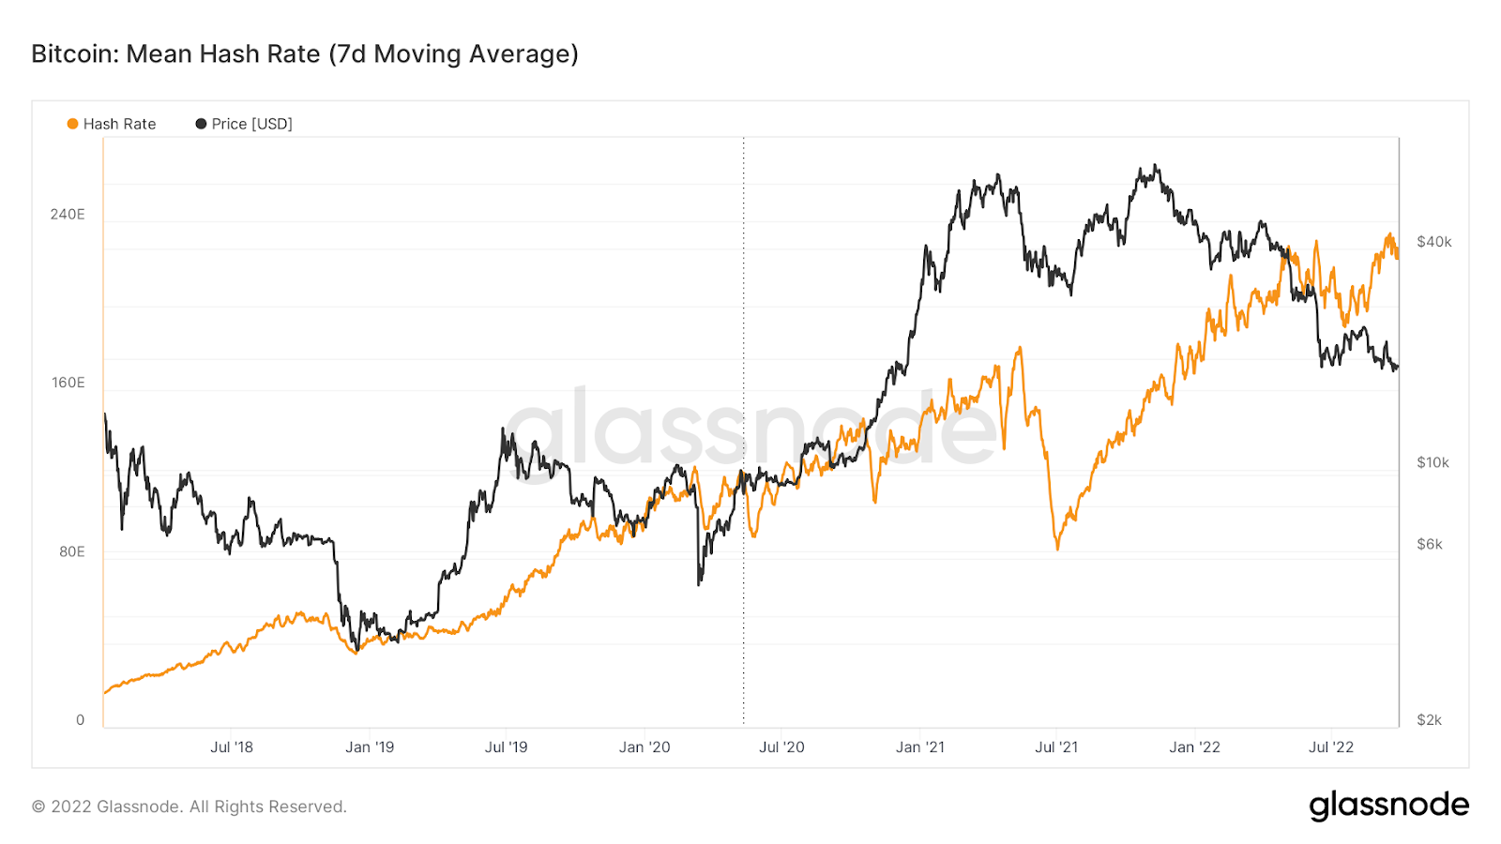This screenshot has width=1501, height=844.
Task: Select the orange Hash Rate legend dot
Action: (72, 124)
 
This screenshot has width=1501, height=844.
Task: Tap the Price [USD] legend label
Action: (251, 124)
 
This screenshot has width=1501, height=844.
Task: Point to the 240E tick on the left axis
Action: (68, 215)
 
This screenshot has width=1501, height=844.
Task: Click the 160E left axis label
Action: (68, 383)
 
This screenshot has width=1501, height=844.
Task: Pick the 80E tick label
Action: (72, 551)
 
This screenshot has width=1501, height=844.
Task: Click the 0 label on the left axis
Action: (80, 720)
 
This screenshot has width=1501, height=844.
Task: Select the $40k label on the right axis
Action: (1433, 242)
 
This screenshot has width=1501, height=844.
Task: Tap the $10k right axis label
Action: (1433, 462)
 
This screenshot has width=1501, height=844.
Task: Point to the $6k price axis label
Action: (1430, 544)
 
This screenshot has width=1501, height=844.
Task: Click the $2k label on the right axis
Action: (1429, 720)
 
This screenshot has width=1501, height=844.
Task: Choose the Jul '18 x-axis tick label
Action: (232, 747)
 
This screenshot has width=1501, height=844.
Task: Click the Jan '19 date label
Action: (370, 747)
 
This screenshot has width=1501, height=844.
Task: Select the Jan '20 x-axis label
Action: (644, 747)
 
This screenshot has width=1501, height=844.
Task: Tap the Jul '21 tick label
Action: (1056, 747)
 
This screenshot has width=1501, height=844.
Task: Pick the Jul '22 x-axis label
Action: (1331, 747)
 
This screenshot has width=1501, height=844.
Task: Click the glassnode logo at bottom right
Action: (1388, 806)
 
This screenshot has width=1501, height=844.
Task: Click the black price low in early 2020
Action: (699, 584)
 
